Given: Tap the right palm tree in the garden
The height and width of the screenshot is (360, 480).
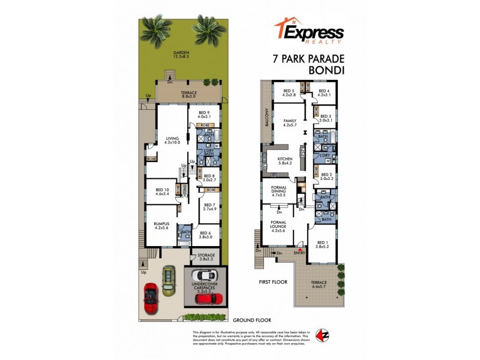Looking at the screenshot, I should [x=208, y=32].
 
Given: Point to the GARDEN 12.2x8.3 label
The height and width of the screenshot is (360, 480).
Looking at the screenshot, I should [x=181, y=55].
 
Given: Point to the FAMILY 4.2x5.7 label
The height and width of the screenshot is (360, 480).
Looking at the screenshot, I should [x=290, y=123].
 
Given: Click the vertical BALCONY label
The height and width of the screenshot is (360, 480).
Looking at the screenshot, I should [x=265, y=118].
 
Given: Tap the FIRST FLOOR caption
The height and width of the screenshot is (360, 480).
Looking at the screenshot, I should [x=272, y=281].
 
